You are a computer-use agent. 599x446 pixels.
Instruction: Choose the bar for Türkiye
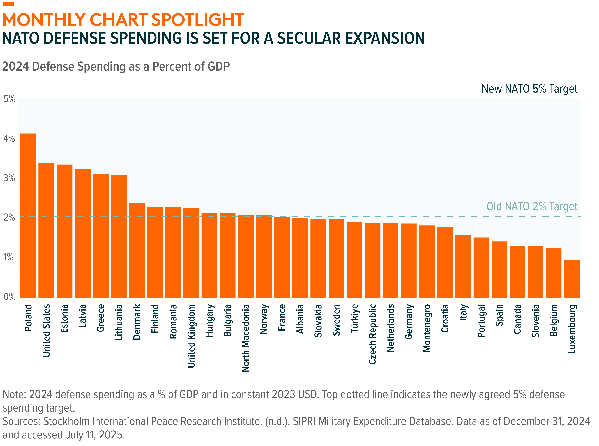pos(354,260)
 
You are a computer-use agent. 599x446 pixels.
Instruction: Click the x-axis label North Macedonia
pos(245,338)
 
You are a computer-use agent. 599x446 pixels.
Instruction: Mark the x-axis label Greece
pos(100,318)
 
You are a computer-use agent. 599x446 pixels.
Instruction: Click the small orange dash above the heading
pos(8,4)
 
